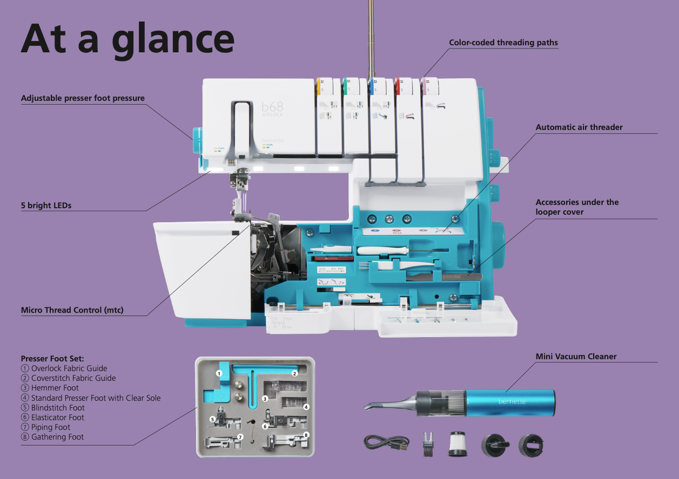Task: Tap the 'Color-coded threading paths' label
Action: pyautogui.click(x=503, y=43)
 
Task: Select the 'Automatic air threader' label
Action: pyautogui.click(x=579, y=127)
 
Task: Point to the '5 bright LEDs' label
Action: pyautogui.click(x=46, y=206)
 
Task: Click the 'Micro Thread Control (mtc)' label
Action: pyautogui.click(x=72, y=310)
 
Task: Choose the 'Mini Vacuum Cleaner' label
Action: pyautogui.click(x=576, y=357)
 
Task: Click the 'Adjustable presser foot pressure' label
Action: pyautogui.click(x=83, y=98)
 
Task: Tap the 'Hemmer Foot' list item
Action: pyautogui.click(x=55, y=388)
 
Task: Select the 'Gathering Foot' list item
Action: pyautogui.click(x=57, y=437)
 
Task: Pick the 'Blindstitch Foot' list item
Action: pyautogui.click(x=58, y=408)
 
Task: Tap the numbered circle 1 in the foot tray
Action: pyautogui.click(x=219, y=373)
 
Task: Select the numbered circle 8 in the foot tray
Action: pyautogui.click(x=306, y=435)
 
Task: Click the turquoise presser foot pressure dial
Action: pyautogui.click(x=197, y=140)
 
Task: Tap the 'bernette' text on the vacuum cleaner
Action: pyautogui.click(x=511, y=401)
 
